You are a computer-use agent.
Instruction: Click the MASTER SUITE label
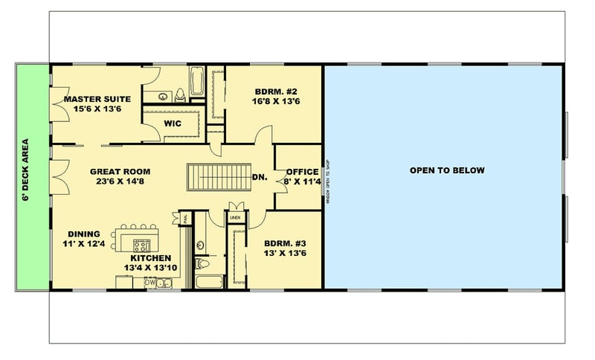click(97, 99)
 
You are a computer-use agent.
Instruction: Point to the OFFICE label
click(302, 172)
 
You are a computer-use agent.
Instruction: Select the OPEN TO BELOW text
click(446, 170)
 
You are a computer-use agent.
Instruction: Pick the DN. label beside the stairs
click(260, 177)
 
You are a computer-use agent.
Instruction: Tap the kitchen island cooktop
click(141, 244)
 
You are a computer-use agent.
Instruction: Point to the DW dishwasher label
click(149, 283)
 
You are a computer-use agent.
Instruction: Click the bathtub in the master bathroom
click(197, 82)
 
